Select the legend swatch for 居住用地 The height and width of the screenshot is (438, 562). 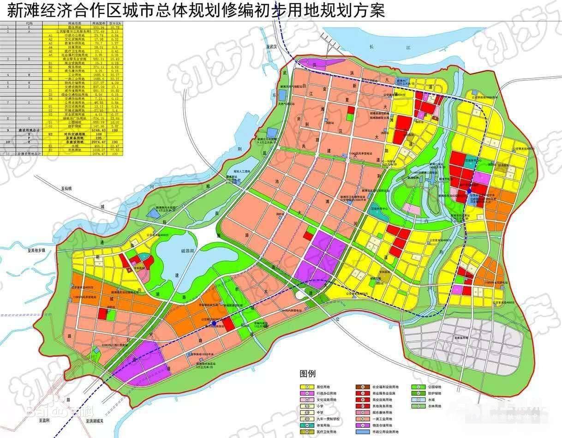coord(305,387)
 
